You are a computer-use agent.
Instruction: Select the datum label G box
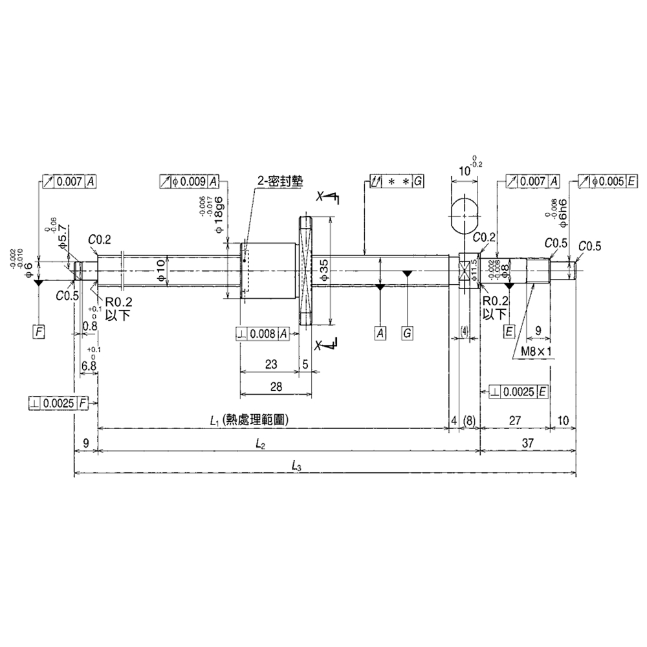click(x=407, y=333)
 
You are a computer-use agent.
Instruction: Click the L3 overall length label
click(x=297, y=465)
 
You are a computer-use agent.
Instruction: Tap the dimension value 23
click(x=271, y=364)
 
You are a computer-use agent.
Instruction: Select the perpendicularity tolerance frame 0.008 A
click(x=262, y=334)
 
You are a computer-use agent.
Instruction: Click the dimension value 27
click(x=514, y=421)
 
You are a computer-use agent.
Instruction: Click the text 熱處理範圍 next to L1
click(x=254, y=420)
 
